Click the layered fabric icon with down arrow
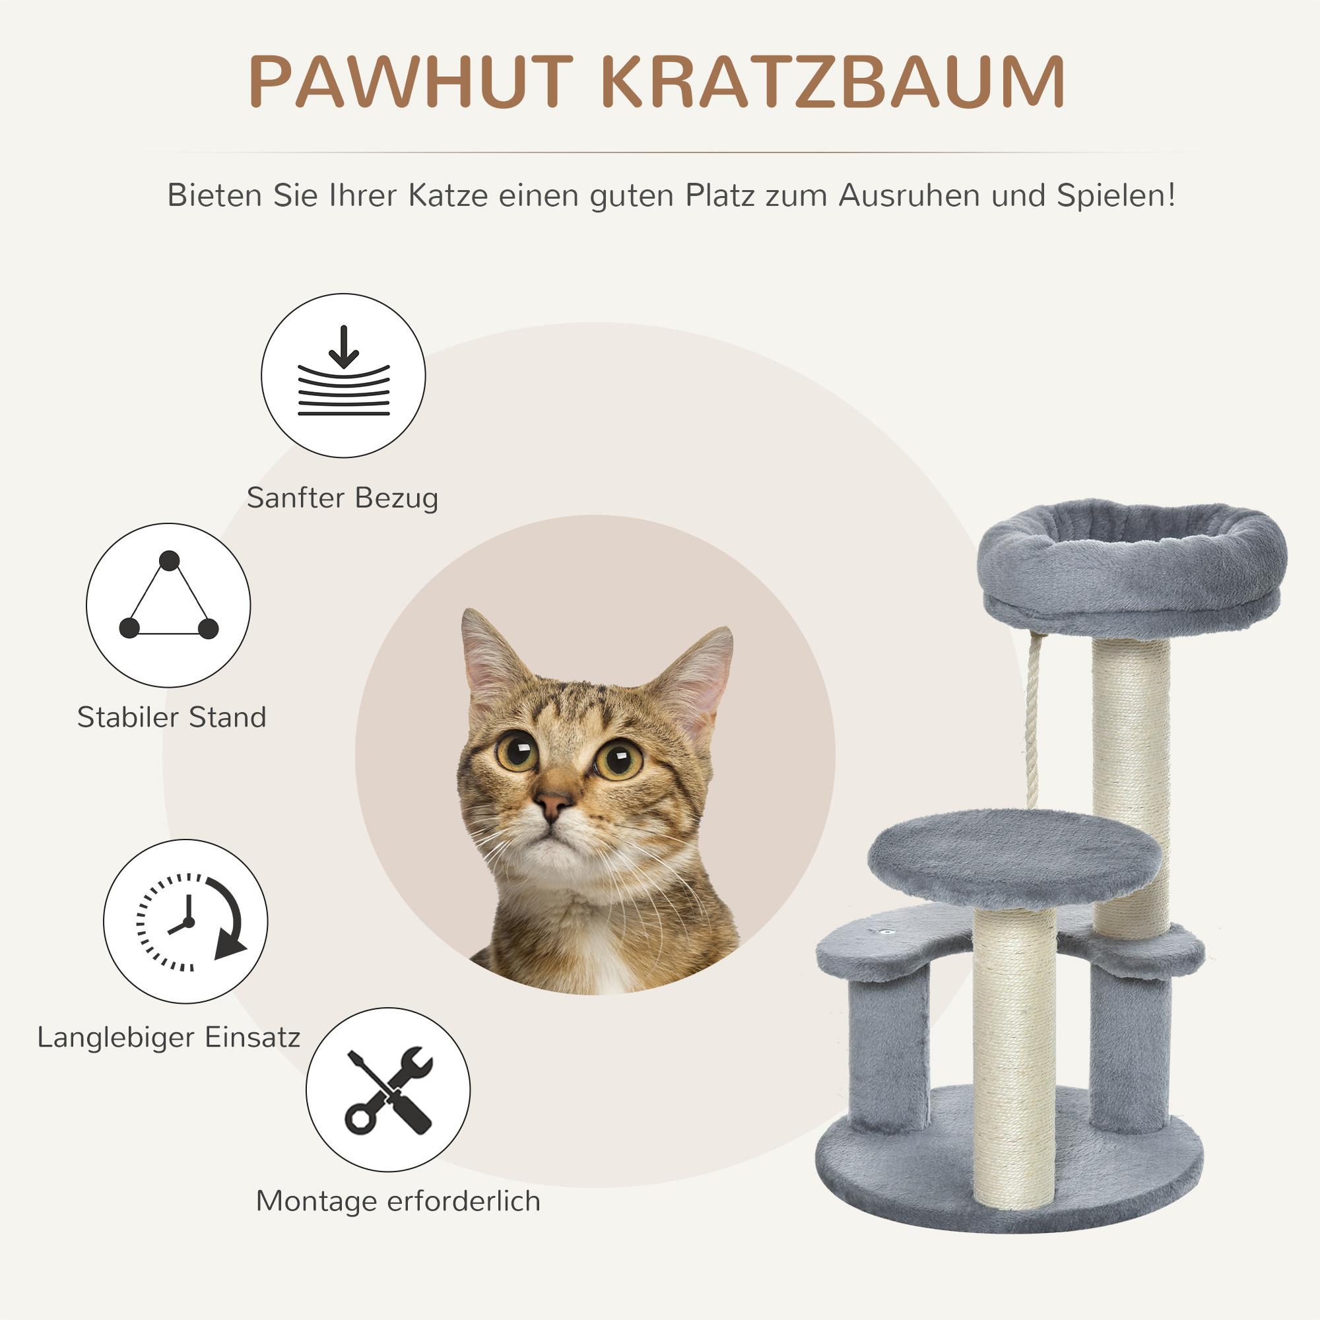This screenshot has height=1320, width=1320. click(343, 375)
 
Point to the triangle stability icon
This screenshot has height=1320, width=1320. click(168, 605)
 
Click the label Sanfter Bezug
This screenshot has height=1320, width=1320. click(343, 498)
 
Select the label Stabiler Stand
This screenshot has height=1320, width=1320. click(172, 717)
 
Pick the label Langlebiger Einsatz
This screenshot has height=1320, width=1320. click(169, 1037)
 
